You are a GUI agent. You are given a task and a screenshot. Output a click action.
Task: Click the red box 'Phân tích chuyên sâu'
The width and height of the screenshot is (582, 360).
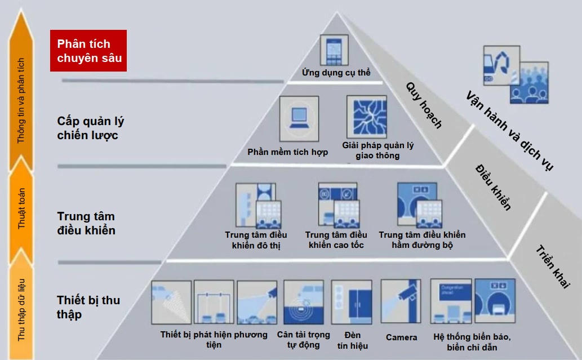tap(88, 51)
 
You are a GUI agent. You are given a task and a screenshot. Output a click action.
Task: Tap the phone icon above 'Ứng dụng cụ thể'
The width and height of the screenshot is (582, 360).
tap(335, 50)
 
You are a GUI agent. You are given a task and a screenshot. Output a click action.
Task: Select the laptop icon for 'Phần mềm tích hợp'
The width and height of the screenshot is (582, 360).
tap(299, 119)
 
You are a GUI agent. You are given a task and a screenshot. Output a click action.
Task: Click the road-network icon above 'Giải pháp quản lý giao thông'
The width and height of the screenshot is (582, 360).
tap(366, 117)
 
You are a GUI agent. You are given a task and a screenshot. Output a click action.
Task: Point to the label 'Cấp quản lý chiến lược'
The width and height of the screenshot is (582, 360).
tap(91, 128)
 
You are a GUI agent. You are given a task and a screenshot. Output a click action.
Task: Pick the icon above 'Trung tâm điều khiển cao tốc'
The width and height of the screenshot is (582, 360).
tap(337, 205)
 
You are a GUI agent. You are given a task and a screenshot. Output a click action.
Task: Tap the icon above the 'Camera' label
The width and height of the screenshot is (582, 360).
tap(401, 301)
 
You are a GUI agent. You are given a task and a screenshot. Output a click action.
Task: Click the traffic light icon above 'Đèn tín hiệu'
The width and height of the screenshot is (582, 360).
tap(351, 301)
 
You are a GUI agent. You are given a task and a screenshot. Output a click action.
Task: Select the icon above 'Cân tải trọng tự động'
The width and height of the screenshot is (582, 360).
tap(303, 301)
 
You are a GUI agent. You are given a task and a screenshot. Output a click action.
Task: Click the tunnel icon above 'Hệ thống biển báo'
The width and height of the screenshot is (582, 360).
tap(495, 301)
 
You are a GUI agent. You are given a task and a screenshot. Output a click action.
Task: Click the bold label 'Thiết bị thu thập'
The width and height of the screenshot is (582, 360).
tap(88, 307)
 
